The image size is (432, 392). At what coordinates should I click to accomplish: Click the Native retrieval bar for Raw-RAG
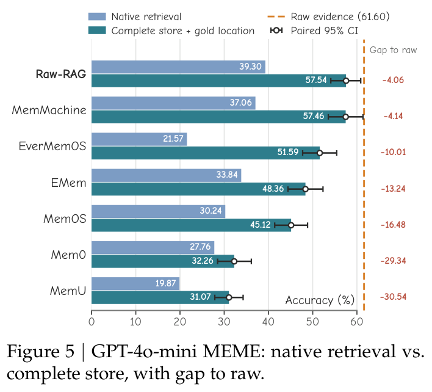point(178,67)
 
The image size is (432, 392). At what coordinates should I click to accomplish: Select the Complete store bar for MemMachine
point(218,117)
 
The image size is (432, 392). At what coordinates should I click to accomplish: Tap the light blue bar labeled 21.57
point(139,139)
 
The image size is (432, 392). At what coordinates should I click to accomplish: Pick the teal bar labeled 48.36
point(198,189)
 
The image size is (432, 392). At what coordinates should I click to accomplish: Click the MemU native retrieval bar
point(135,284)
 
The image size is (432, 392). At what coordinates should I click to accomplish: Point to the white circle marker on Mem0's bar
point(234,261)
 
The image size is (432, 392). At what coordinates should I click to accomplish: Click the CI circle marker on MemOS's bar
point(291,225)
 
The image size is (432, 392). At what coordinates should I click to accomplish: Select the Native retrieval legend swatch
point(97,16)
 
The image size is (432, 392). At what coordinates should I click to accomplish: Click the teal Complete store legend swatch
point(97,31)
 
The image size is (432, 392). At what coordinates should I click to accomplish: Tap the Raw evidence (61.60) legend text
point(340,17)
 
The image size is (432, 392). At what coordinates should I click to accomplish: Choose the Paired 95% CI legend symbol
point(276,31)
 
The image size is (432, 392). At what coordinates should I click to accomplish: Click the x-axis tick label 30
point(224,322)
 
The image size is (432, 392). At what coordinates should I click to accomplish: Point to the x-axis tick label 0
point(92,322)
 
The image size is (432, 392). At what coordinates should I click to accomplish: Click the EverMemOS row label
point(52,147)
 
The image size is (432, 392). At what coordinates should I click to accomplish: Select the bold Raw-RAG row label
point(61,74)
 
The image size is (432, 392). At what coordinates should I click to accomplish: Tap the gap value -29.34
point(393,261)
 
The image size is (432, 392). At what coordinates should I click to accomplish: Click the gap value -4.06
point(393,80)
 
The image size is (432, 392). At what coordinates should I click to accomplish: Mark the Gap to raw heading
point(393,50)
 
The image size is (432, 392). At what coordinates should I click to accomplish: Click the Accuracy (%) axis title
point(320,300)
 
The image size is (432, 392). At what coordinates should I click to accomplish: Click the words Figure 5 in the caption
point(41,352)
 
